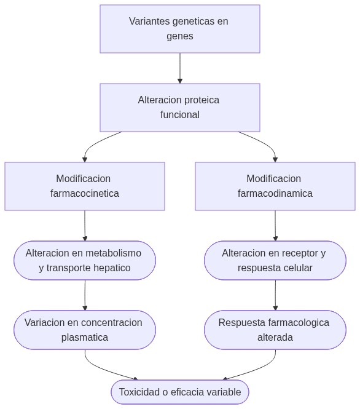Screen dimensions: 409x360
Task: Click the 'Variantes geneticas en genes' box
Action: coord(179,29)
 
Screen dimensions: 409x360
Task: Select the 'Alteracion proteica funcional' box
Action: coord(179,108)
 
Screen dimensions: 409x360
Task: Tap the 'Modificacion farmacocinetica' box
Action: coord(85,186)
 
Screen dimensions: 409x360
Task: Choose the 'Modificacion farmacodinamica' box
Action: coord(275,186)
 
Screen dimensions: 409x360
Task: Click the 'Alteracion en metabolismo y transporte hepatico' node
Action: coord(85,260)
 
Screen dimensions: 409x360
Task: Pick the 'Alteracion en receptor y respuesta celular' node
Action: coord(275,260)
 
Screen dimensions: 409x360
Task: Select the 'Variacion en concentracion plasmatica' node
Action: coord(85,330)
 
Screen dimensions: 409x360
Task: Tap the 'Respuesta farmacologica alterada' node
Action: coord(275,330)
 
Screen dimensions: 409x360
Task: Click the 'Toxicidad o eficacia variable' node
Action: coord(180,392)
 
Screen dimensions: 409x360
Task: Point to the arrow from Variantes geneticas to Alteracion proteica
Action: coord(180,68)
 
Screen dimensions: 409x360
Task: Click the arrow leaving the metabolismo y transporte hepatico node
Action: coord(85,295)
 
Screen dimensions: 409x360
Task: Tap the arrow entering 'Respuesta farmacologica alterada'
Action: coord(275,295)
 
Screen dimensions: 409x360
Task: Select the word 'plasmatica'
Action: coord(85,337)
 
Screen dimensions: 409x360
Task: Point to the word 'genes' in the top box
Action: coord(179,36)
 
